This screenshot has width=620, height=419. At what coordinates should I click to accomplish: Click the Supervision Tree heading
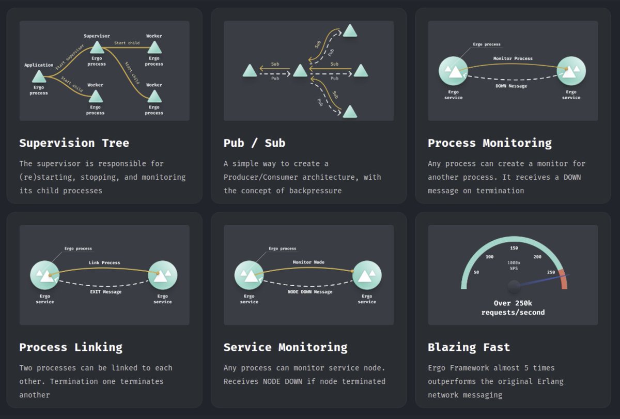(x=74, y=143)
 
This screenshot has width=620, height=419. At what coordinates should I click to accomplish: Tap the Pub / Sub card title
(x=254, y=143)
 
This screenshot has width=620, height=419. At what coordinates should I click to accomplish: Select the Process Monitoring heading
(x=489, y=143)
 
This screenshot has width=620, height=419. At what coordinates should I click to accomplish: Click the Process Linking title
(x=71, y=347)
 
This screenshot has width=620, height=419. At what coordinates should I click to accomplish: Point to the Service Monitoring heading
(x=285, y=347)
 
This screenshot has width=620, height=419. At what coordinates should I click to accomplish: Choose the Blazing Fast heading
(x=469, y=347)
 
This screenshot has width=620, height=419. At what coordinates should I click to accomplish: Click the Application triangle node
(x=39, y=77)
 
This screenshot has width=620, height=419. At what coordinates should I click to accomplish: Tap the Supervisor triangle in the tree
(x=97, y=48)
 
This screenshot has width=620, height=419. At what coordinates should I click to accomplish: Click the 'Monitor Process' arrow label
(x=513, y=58)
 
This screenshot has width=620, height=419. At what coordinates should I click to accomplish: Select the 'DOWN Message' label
(x=511, y=86)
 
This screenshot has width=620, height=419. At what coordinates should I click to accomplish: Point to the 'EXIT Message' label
(x=105, y=292)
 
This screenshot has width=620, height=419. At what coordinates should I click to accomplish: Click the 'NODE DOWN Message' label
(x=309, y=292)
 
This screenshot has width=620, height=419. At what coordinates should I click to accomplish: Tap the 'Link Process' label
(x=104, y=262)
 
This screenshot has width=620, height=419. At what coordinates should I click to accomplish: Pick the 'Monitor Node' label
(x=308, y=262)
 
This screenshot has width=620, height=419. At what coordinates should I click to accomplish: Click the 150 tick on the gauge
(x=514, y=248)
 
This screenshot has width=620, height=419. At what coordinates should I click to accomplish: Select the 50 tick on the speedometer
(x=476, y=272)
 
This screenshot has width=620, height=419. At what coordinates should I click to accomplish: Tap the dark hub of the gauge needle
(x=514, y=286)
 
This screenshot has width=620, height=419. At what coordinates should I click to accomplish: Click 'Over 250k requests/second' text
(x=513, y=308)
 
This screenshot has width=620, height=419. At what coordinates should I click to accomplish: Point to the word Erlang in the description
(x=550, y=381)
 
